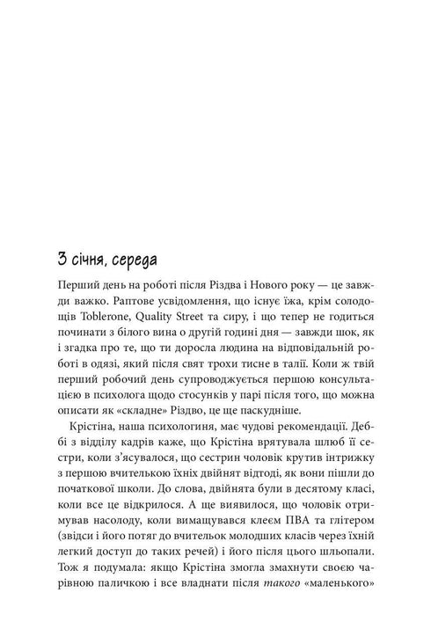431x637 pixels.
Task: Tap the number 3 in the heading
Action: [60, 261]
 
